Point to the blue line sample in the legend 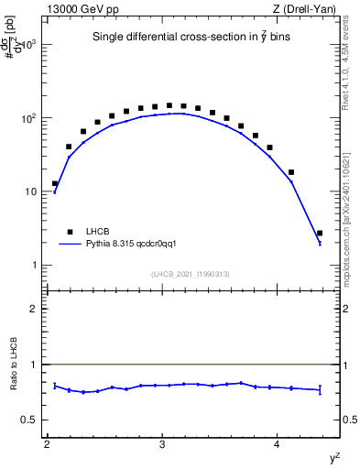pyautogui.click(x=70, y=245)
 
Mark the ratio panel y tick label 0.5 pyautogui.click(x=29, y=420)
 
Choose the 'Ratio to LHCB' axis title pyautogui.click(x=12, y=365)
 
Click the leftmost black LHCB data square pyautogui.click(x=55, y=184)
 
